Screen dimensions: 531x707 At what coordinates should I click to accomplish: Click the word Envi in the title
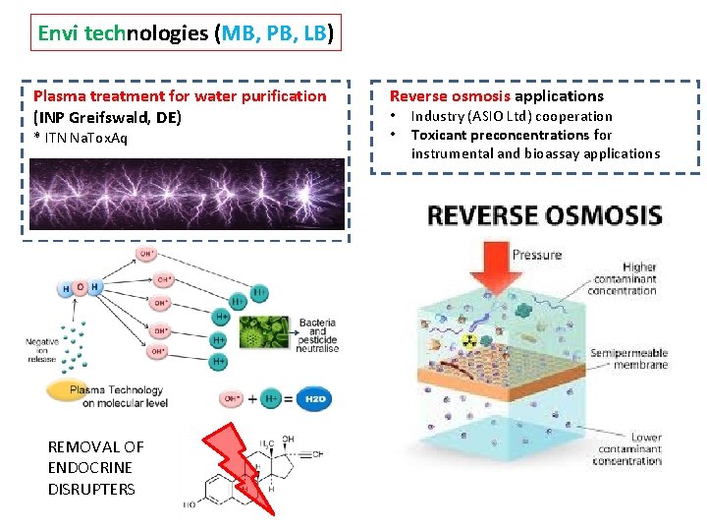[59, 34]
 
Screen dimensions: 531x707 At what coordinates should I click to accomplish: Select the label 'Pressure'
[537, 255]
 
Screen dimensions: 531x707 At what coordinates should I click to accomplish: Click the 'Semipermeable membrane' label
[628, 359]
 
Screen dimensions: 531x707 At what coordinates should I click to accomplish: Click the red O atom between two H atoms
[81, 288]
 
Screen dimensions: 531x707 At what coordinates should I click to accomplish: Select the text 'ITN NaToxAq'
[83, 138]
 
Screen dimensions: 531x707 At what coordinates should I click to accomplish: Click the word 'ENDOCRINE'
[90, 468]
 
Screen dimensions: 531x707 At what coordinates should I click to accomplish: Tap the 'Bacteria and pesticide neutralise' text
[317, 335]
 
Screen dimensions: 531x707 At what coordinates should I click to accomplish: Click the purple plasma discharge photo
[186, 195]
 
